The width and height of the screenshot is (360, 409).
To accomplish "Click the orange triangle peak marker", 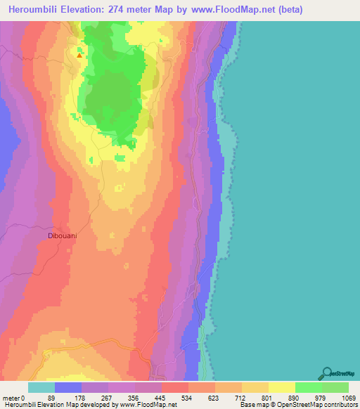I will (79, 56).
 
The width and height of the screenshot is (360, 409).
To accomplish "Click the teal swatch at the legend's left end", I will (41, 387).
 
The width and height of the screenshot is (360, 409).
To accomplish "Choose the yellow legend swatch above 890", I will (282, 387).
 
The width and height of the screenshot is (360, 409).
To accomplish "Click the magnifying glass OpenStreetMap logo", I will (327, 374).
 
